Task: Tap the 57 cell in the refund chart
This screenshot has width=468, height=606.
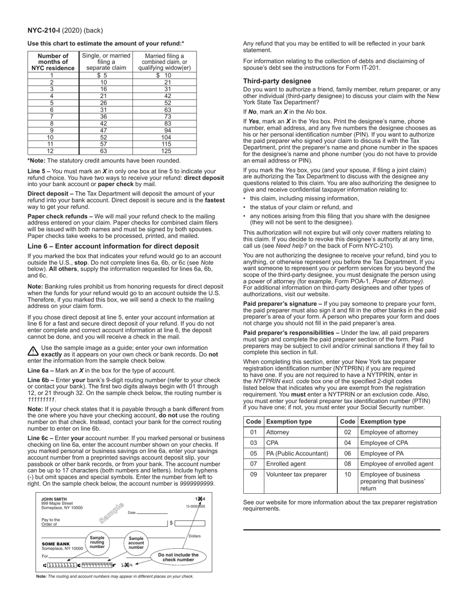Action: click(103, 144)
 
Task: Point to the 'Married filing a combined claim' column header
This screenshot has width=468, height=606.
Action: click(165, 62)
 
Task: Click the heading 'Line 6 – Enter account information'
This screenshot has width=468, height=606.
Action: click(113, 246)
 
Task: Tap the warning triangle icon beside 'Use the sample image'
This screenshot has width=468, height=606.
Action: click(33, 351)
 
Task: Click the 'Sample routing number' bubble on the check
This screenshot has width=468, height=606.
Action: click(97, 542)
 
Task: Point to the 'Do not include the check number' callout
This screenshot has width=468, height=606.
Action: click(178, 557)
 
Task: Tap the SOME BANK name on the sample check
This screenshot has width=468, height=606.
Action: click(55, 544)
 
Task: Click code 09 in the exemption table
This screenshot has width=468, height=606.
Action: click(253, 475)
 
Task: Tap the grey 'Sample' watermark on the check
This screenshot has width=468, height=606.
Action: click(111, 512)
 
